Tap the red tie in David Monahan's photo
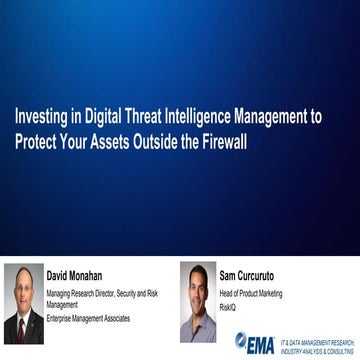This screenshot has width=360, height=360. pos(23,328)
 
